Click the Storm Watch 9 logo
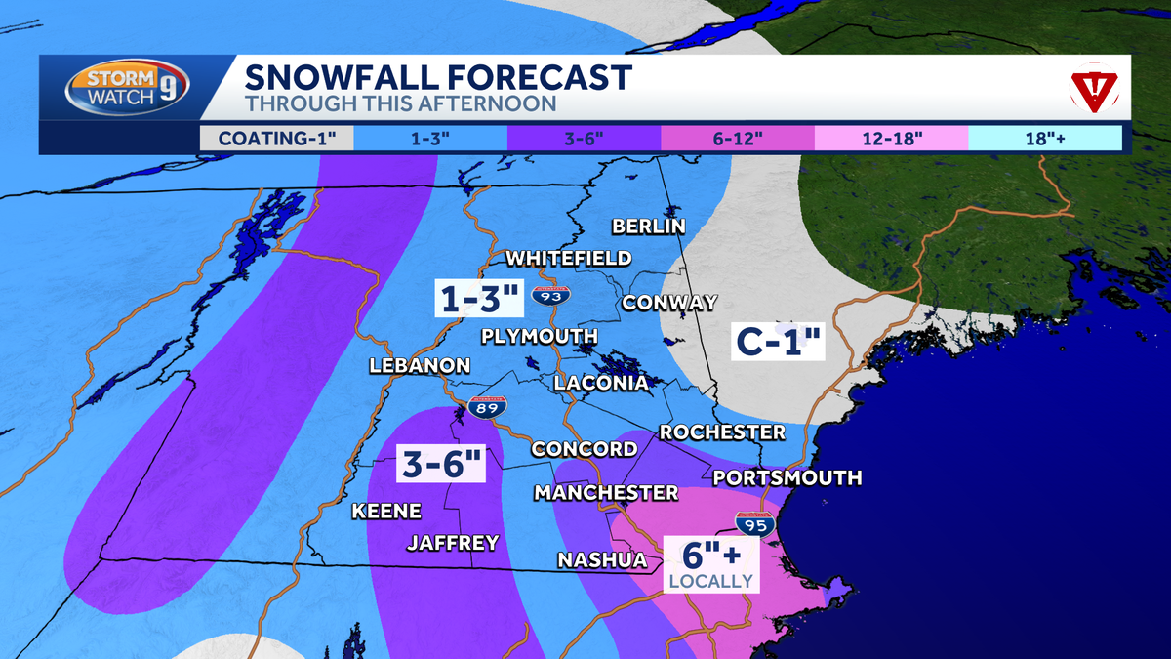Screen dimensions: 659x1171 [x=128, y=89]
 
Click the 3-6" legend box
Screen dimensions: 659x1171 [x=584, y=138]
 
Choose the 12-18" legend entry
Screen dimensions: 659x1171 [x=891, y=138]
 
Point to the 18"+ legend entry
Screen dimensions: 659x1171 [x=1044, y=138]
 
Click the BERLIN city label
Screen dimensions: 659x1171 [x=649, y=227]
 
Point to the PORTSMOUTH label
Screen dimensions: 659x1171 [x=787, y=477]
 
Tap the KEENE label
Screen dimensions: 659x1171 [x=386, y=511]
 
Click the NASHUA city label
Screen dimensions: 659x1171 [x=602, y=559]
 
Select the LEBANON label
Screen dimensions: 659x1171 [x=420, y=366]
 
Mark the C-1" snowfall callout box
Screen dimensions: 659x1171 [x=781, y=343]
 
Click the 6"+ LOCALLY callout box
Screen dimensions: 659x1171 [x=710, y=564]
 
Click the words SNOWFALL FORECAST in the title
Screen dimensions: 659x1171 [x=438, y=76]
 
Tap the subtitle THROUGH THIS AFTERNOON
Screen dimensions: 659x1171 [x=400, y=103]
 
